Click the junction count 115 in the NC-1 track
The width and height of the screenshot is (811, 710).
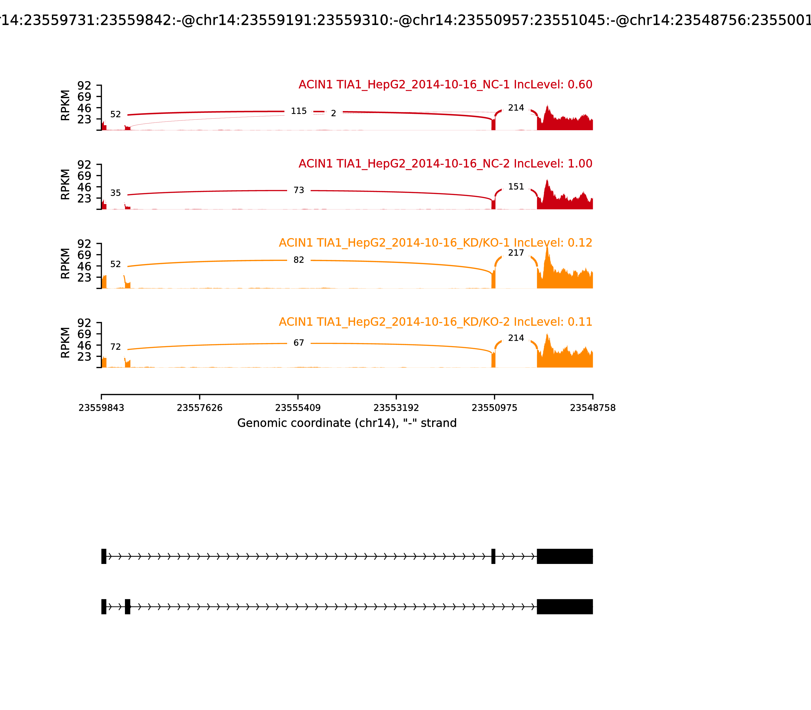pyautogui.click(x=299, y=111)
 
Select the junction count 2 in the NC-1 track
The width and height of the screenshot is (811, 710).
pyautogui.click(x=334, y=114)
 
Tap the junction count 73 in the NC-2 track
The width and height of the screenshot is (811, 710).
pyautogui.click(x=299, y=191)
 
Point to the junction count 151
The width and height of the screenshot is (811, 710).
pyautogui.click(x=516, y=187)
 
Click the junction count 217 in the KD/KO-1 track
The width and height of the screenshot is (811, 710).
pyautogui.click(x=516, y=253)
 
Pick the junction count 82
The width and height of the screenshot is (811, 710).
pyautogui.click(x=299, y=260)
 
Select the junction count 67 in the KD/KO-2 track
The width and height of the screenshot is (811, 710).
pyautogui.click(x=299, y=343)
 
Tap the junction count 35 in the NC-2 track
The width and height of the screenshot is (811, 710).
pyautogui.click(x=115, y=193)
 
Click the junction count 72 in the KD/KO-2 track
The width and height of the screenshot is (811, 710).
pyautogui.click(x=115, y=347)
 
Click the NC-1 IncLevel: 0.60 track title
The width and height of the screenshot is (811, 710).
pyautogui.click(x=445, y=85)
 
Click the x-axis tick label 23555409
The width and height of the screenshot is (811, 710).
pyautogui.click(x=298, y=408)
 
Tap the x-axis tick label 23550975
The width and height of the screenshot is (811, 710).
pyautogui.click(x=494, y=408)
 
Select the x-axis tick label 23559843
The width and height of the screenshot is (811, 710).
pyautogui.click(x=101, y=408)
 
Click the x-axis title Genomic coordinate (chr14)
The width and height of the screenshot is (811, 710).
pyautogui.click(x=347, y=423)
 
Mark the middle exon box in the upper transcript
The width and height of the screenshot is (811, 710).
pyautogui.click(x=493, y=556)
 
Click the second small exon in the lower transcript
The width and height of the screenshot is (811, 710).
pyautogui.click(x=127, y=607)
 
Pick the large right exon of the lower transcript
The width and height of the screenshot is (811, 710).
pyautogui.click(x=565, y=607)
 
